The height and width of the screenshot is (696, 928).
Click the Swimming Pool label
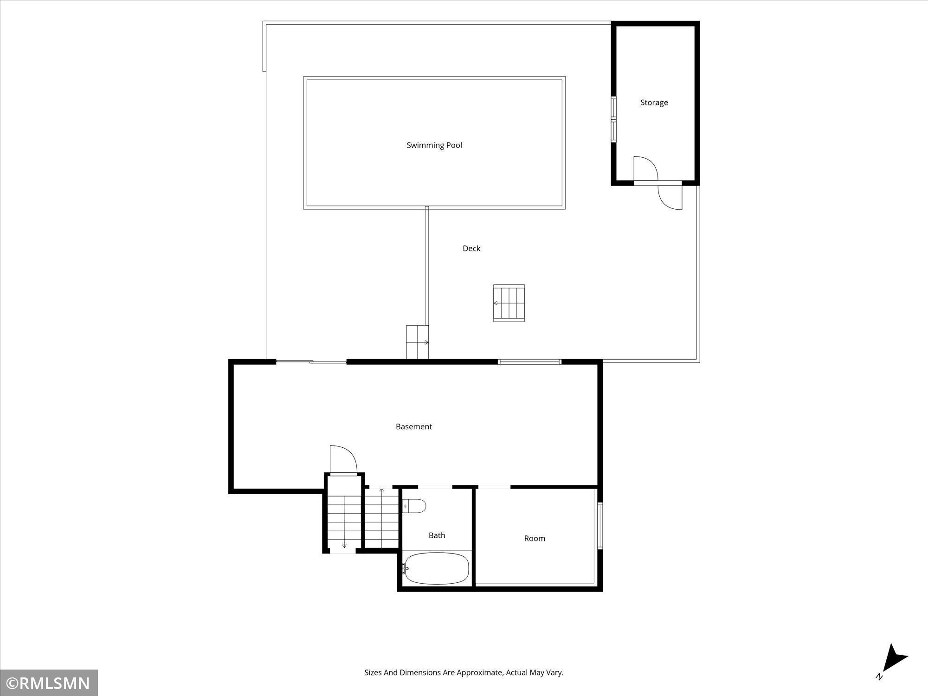click(x=434, y=145)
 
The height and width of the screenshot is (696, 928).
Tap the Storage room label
click(x=654, y=103)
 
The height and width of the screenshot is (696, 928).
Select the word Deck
click(x=471, y=248)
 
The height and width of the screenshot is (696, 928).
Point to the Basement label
click(x=414, y=426)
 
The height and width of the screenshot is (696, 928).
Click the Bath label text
click(x=437, y=535)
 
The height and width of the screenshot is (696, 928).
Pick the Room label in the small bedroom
click(x=535, y=538)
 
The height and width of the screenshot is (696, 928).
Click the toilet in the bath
click(x=414, y=506)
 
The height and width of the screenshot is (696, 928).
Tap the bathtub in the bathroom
click(x=436, y=568)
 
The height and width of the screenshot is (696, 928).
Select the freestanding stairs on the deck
click(x=509, y=303)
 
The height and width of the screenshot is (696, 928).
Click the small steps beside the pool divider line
click(x=417, y=342)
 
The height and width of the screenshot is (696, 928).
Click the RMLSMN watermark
click(x=49, y=683)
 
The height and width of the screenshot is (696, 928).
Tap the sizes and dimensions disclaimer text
click(x=464, y=672)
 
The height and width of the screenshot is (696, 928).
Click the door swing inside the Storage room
click(x=646, y=168)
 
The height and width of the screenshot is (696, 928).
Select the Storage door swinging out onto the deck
click(x=670, y=198)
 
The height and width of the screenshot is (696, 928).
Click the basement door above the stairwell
click(x=343, y=459)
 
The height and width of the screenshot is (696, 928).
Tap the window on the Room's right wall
click(x=599, y=526)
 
